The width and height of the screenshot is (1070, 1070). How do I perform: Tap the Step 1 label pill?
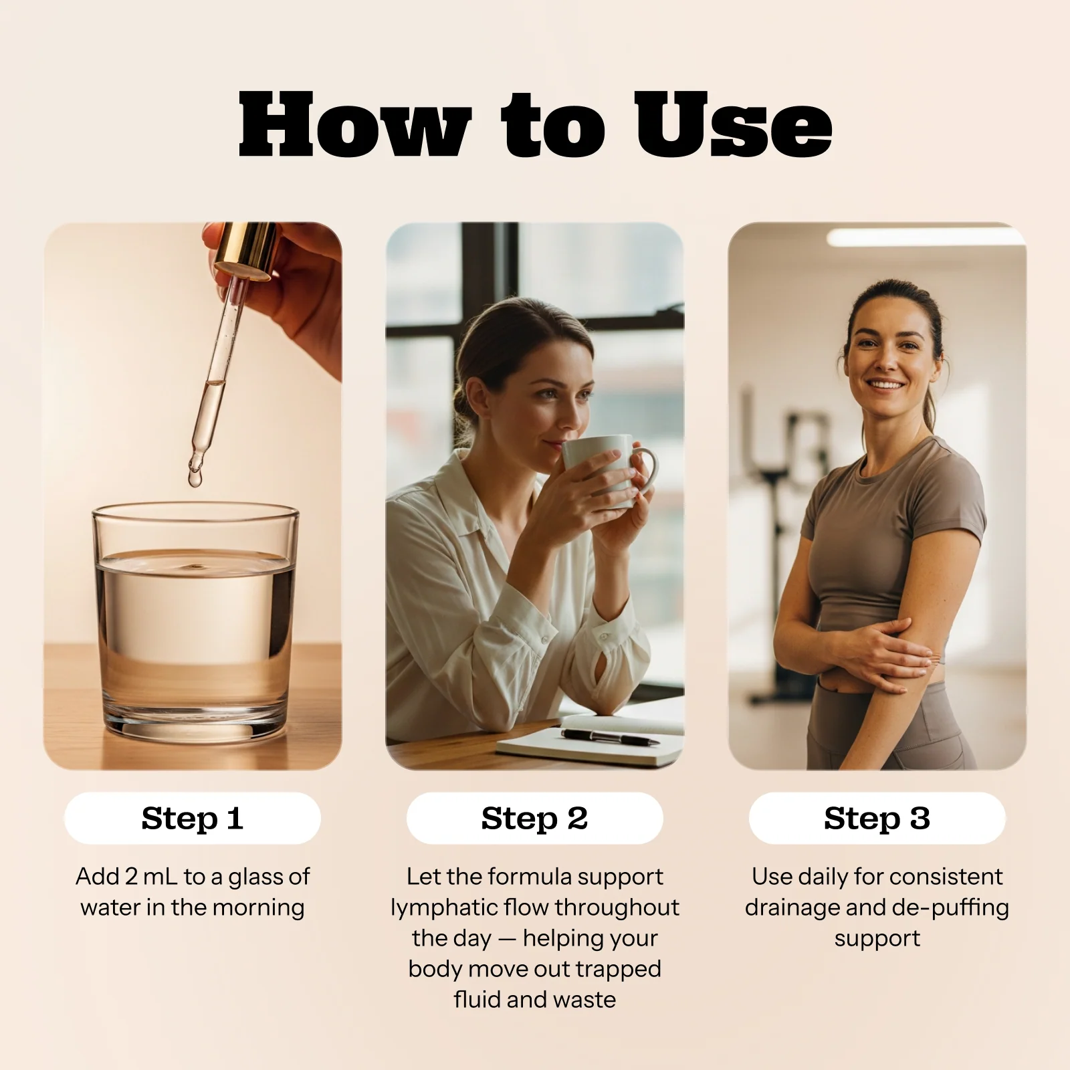(x=193, y=818)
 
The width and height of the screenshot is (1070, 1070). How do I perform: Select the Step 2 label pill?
(x=535, y=818)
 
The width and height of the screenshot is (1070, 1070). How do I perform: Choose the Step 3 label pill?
(x=877, y=818)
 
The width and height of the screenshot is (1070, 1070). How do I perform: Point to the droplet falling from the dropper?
(x=195, y=477)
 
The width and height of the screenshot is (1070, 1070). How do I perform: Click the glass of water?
(x=195, y=622)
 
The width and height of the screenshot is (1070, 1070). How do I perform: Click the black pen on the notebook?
(x=609, y=738)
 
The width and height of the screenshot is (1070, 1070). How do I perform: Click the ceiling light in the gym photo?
(x=926, y=236)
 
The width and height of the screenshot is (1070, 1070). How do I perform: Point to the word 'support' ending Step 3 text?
(x=877, y=938)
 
